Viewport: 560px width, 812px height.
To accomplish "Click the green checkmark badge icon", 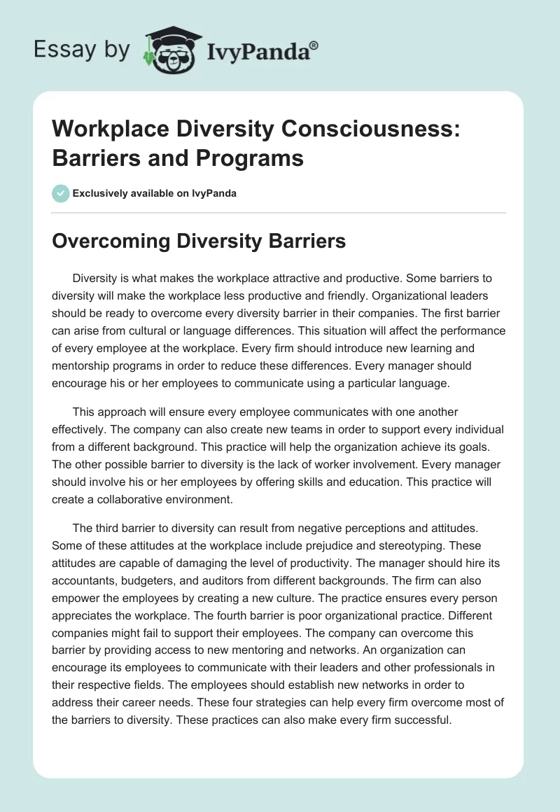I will (60, 193).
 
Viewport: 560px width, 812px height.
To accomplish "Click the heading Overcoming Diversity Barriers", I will (199, 241).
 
